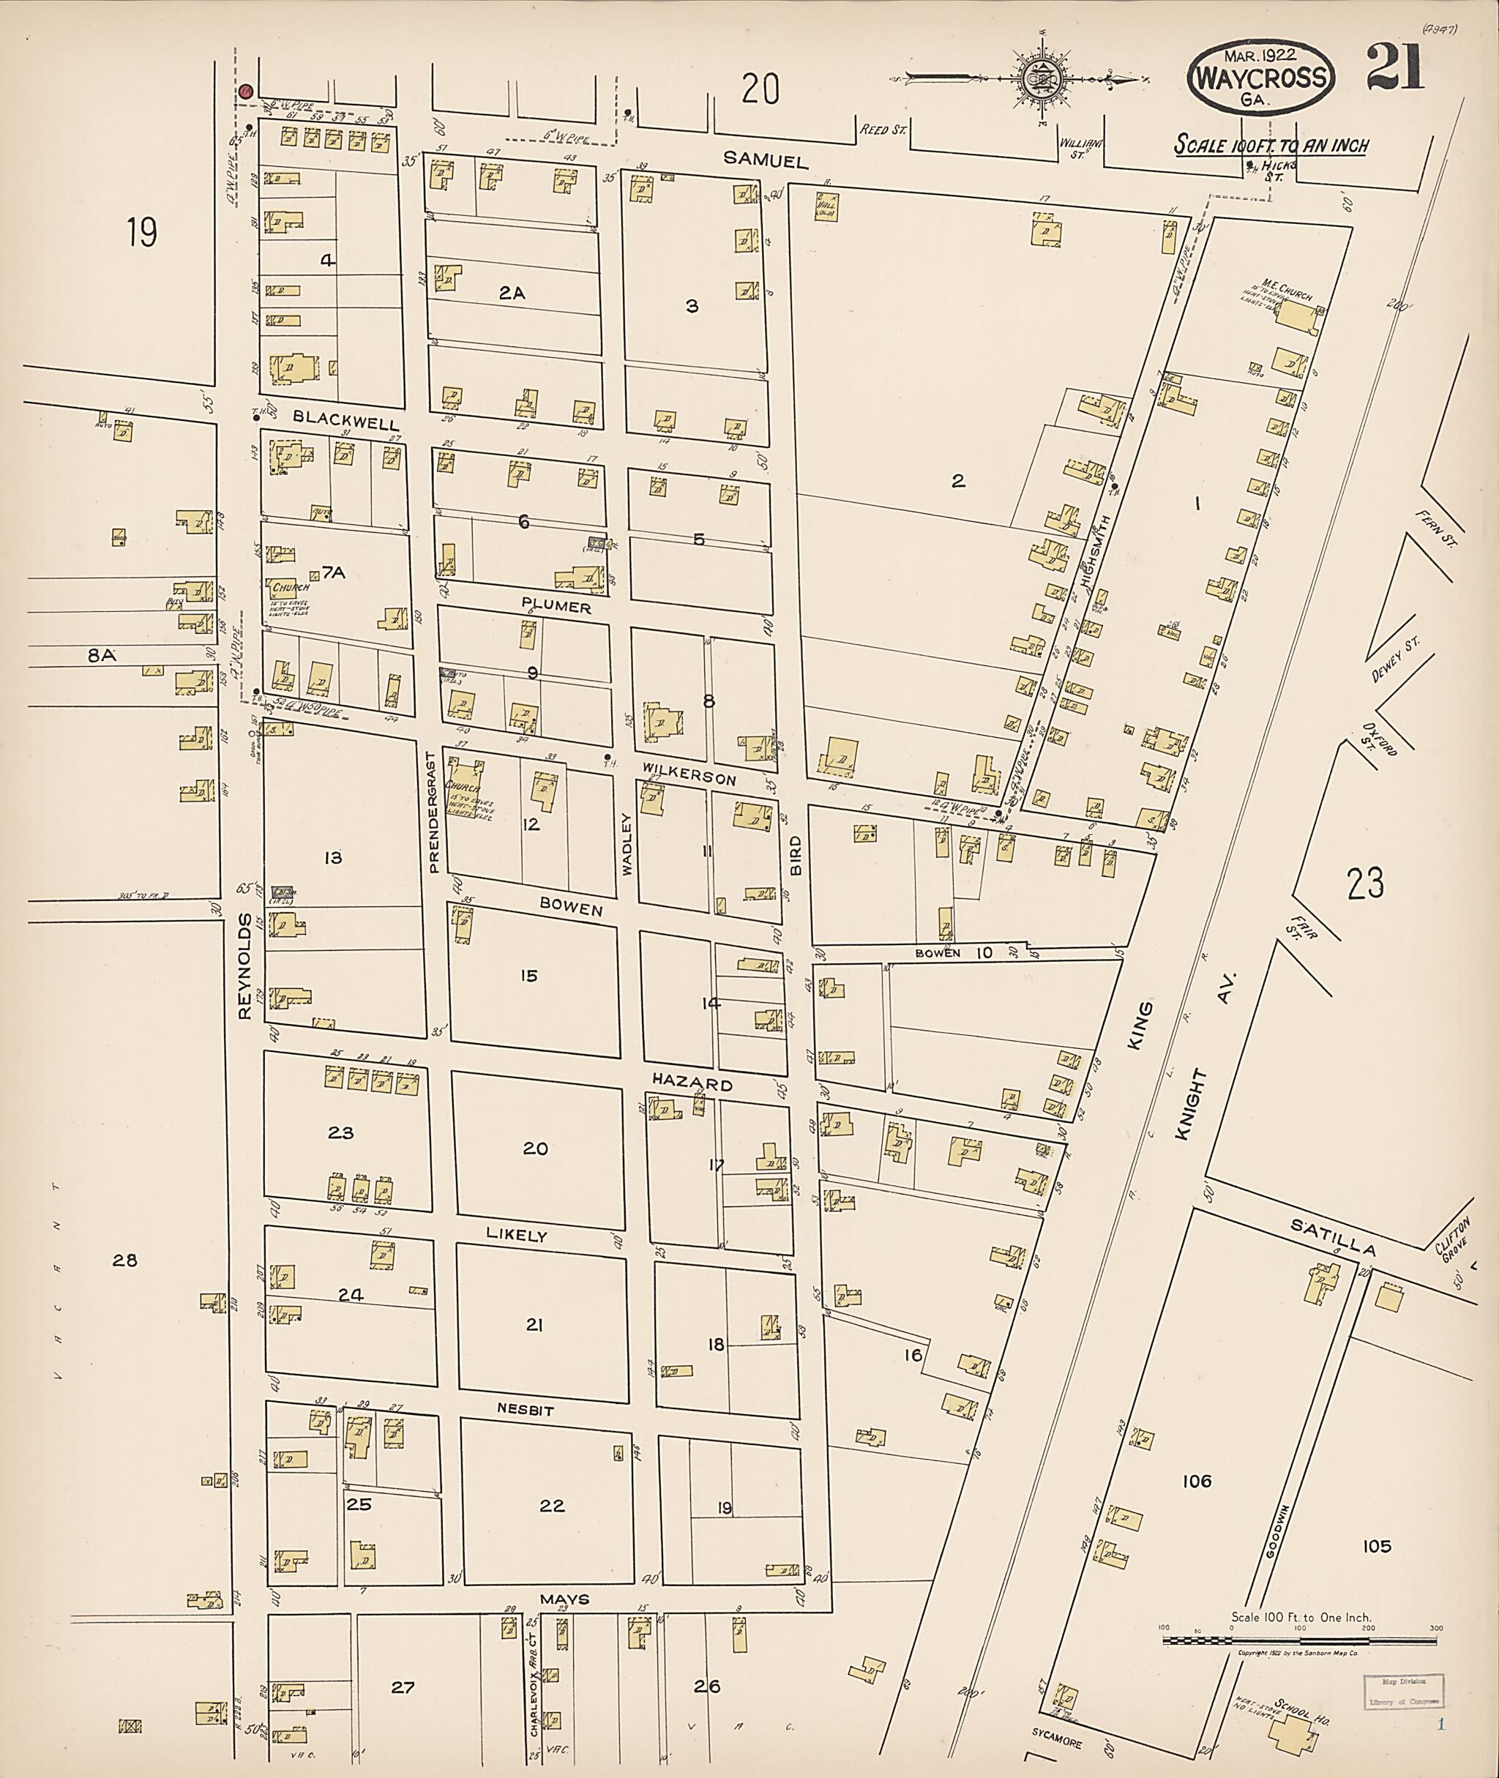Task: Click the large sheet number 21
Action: [1394, 69]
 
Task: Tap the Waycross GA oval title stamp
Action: [1261, 80]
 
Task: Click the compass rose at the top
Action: [1041, 78]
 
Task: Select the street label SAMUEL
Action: [754, 159]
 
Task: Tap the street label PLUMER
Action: [556, 608]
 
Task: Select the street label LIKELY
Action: [516, 1234]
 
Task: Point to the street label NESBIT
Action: [525, 1410]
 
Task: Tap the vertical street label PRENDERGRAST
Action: [433, 812]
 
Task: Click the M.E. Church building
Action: [1293, 317]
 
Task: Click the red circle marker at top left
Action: [246, 91]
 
